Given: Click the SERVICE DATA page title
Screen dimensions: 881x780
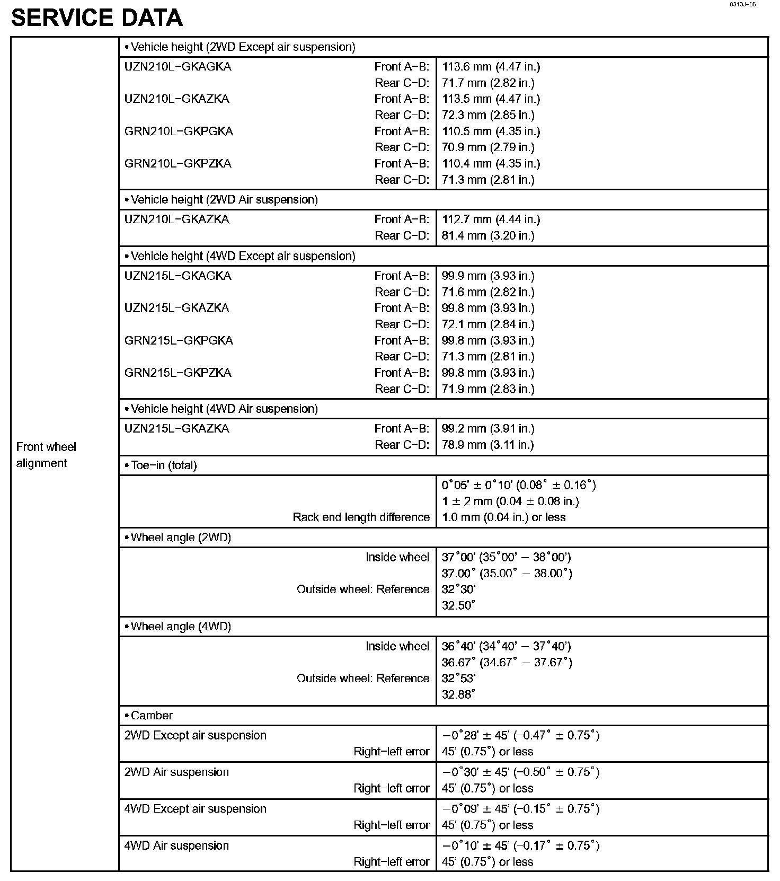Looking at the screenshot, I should click(97, 18).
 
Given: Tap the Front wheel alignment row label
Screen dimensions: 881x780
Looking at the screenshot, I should click(46, 455).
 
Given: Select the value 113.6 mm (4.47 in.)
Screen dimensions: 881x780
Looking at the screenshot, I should click(491, 67).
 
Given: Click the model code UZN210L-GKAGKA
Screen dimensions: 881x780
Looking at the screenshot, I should click(178, 67).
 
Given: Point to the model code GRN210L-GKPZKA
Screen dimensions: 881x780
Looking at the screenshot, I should click(178, 164).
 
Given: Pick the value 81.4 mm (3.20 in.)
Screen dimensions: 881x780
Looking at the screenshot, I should click(487, 236).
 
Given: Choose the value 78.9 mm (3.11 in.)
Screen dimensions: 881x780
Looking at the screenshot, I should click(487, 445).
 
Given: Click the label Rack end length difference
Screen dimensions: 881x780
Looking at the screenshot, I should click(361, 517).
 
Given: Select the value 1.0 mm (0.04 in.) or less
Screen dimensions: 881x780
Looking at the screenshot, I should click(503, 517).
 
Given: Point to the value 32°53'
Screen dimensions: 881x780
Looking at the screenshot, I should click(458, 679).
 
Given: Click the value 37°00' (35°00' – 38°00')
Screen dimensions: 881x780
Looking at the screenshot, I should click(506, 557).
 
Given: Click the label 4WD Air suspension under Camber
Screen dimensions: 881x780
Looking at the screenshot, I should click(176, 845).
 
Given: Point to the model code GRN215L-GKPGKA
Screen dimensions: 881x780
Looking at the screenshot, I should click(179, 340).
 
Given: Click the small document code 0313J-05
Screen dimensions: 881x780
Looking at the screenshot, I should click(742, 4).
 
